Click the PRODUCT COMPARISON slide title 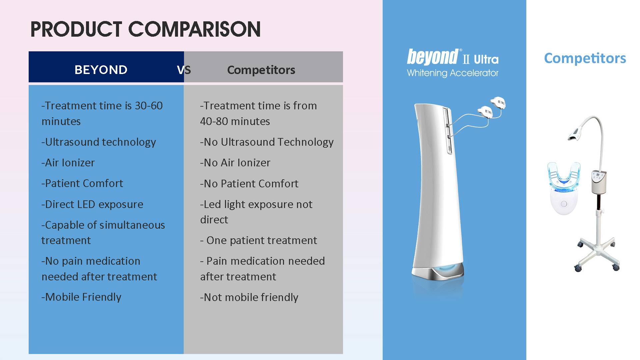tap(145, 29)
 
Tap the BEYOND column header tap(101, 70)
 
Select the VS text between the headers tap(184, 70)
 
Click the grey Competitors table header tap(261, 70)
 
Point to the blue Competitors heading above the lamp tap(585, 58)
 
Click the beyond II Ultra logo tap(453, 57)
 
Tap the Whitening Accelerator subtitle tap(453, 73)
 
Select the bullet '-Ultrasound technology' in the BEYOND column tap(99, 142)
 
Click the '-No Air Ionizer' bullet tap(235, 163)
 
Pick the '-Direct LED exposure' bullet tap(92, 204)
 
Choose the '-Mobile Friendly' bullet tap(81, 297)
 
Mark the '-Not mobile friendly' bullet tap(249, 297)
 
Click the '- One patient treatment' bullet tap(259, 240)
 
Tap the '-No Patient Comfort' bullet tap(249, 184)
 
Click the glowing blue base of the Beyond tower tap(437, 270)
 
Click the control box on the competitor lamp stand tap(599, 181)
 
